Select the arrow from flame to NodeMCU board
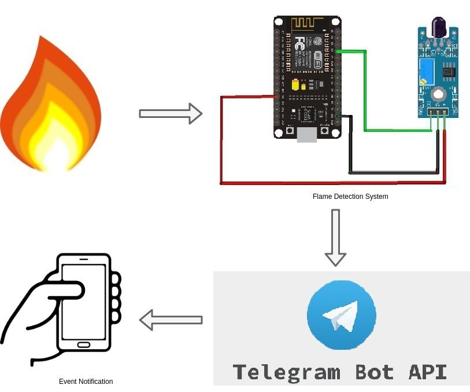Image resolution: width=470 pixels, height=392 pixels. tap(171, 113)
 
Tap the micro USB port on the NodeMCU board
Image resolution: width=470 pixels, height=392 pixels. tap(307, 135)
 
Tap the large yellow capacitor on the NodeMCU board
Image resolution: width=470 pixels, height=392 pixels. tap(295, 84)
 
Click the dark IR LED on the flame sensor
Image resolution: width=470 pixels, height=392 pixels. tap(438, 27)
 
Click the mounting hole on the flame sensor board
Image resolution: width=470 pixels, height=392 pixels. tap(439, 94)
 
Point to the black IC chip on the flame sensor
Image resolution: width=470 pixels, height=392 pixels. tap(448, 72)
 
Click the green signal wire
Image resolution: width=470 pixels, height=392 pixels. tap(365, 93)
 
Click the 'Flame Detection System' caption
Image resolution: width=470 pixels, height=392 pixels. tap(350, 197)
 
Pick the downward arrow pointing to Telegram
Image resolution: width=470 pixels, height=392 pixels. tap(335, 237)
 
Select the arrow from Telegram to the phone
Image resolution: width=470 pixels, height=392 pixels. tap(171, 320)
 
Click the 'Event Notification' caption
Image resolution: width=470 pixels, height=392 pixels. tap(86, 382)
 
